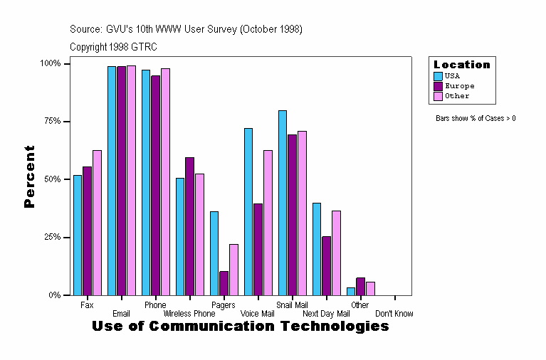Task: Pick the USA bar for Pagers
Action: pyautogui.click(x=214, y=253)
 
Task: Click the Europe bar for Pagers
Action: pyautogui.click(x=224, y=283)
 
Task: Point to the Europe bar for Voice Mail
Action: pyautogui.click(x=258, y=249)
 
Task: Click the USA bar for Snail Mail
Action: pyautogui.click(x=283, y=203)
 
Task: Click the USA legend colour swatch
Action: pyautogui.click(x=439, y=75)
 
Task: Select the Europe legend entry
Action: pyautogui.click(x=459, y=85)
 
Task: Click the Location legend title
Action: pyautogui.click(x=462, y=65)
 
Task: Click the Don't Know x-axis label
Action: pyautogui.click(x=394, y=314)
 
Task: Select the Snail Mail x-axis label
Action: pyautogui.click(x=291, y=305)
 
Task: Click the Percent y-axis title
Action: pyautogui.click(x=29, y=176)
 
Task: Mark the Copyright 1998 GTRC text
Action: pyautogui.click(x=113, y=47)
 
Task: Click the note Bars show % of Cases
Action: pyautogui.click(x=476, y=118)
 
